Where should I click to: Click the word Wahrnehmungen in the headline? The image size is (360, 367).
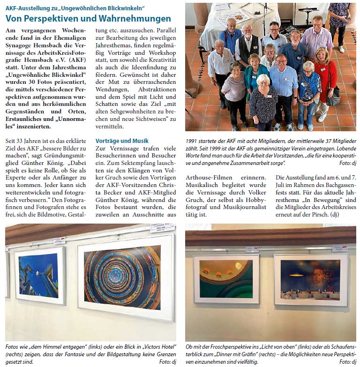point(135,19)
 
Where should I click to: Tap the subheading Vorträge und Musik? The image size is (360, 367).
point(122,141)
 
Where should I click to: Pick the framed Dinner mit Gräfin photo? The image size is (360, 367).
point(310,273)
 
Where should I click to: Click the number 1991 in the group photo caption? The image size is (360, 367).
point(193,141)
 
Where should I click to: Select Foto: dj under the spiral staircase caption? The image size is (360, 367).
point(167,362)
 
